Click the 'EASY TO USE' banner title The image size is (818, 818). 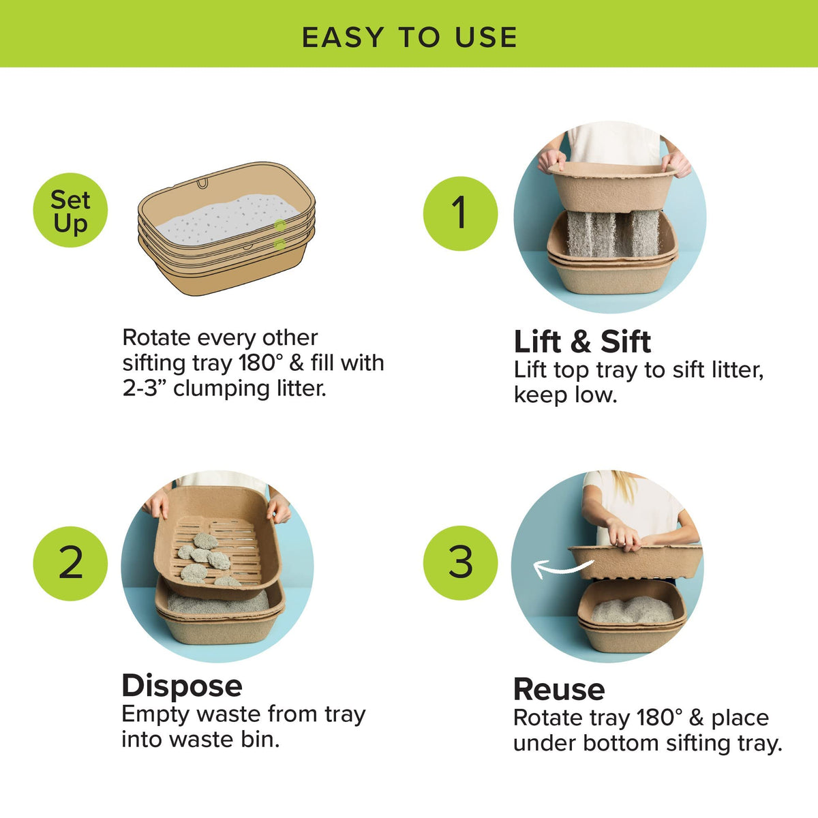coord(409,37)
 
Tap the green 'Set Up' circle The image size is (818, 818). coord(70,210)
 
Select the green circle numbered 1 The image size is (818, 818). coord(461,213)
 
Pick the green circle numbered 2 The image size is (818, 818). coord(70,563)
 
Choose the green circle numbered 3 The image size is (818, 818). coord(461,563)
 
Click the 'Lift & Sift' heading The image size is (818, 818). coord(582,342)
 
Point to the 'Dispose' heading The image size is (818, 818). coord(182,686)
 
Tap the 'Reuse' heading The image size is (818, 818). coord(559,689)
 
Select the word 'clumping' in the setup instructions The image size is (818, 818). coord(221,389)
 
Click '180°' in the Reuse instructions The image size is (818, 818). coord(659,718)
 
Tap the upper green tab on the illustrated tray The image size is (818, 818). coord(279,225)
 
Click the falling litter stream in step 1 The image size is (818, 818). coord(613,234)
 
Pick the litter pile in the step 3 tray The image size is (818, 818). coord(632,611)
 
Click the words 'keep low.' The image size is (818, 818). coord(565,395)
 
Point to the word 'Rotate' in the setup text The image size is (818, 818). coord(156,338)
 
